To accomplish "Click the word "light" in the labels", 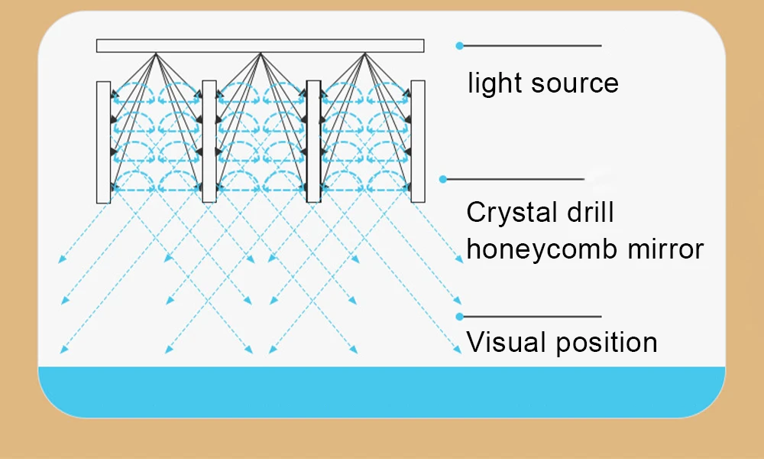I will (493, 83).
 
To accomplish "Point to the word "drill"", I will (591, 211).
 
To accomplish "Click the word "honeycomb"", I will (544, 249).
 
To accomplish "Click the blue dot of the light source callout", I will (459, 46).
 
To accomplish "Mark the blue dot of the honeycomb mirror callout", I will (442, 179).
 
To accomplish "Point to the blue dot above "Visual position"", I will (459, 316).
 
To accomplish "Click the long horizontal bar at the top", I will (260, 46).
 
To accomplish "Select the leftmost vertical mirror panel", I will (104, 142).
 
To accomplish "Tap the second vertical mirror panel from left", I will (209, 142).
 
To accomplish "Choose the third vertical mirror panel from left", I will (313, 142).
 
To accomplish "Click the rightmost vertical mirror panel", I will (418, 142).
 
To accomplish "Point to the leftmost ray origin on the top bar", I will (156, 53).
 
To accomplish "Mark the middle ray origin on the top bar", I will (261, 53).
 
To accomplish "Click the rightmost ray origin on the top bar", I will (365, 53).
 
